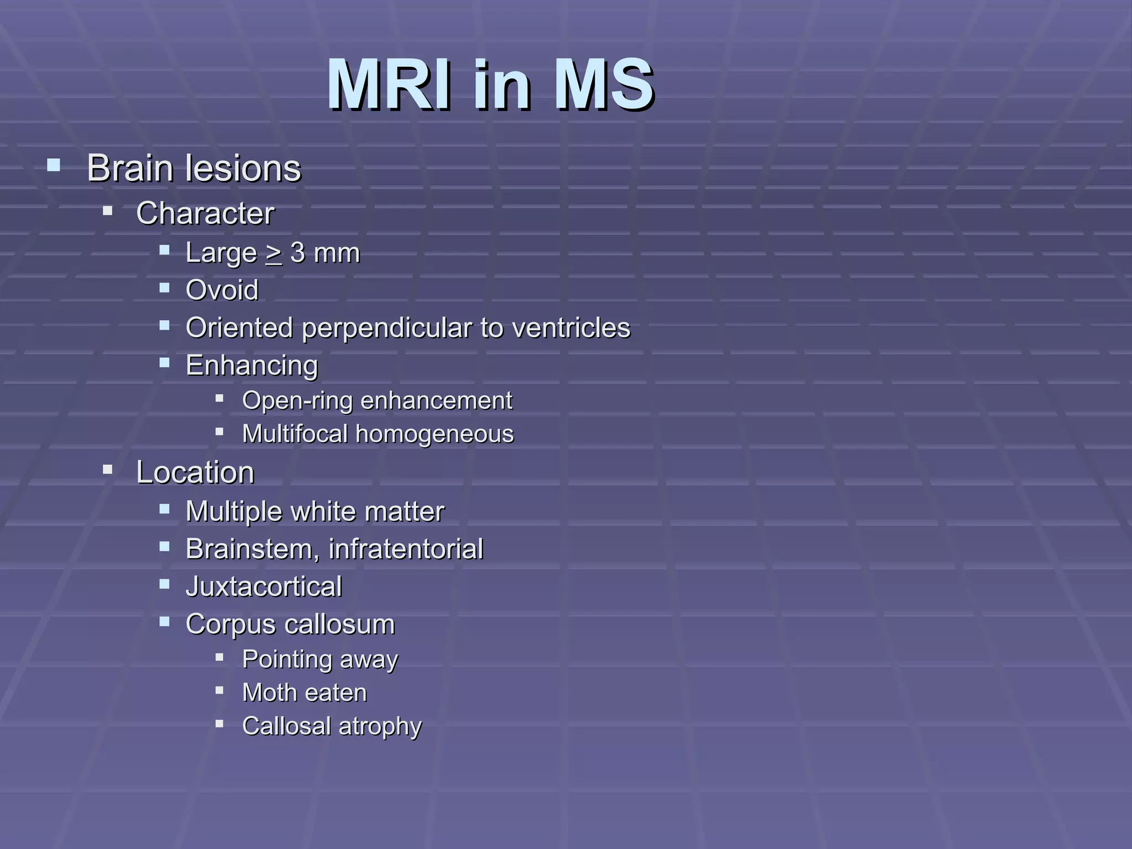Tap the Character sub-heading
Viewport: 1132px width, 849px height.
[x=205, y=213]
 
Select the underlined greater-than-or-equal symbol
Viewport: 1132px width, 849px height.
[x=274, y=254]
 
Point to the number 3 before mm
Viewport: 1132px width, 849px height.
[x=298, y=253]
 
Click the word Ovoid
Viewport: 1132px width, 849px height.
[x=222, y=290]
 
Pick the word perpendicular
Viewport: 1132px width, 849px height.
[x=386, y=328]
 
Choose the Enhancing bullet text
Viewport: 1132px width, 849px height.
[x=251, y=365]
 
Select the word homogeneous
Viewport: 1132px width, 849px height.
[x=434, y=434]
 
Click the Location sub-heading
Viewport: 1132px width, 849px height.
[x=195, y=473]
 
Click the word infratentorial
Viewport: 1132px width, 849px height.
[x=406, y=549]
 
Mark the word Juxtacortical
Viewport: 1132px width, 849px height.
[x=264, y=587]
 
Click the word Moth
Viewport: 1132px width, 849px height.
[x=269, y=693]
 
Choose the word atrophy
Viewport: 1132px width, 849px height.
[x=380, y=726]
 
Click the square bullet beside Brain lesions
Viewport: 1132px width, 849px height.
[x=54, y=165]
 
